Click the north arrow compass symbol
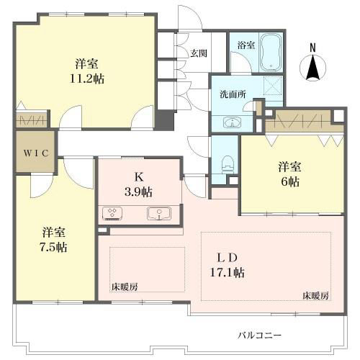coord(313,69)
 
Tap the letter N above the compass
coord(313,48)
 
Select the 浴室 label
coord(246,45)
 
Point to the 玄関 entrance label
coord(199,53)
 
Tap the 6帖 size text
coord(290,182)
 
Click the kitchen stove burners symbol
coord(113,213)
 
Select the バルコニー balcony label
coord(259,335)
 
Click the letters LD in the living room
coord(228,257)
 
